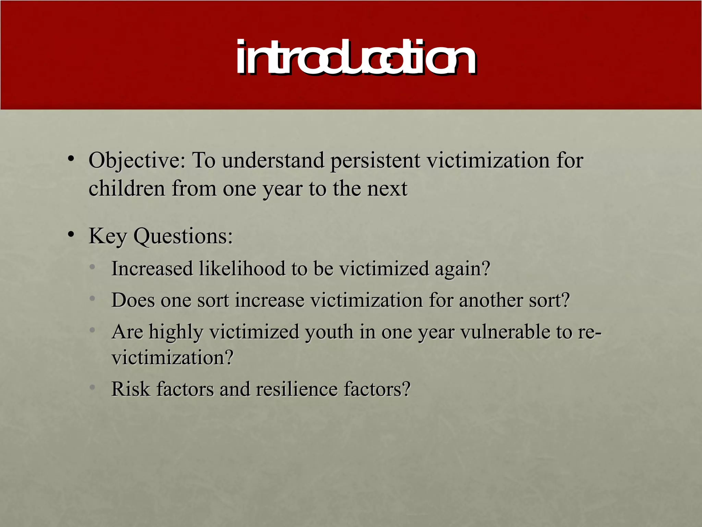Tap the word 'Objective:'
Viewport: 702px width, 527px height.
tap(137, 161)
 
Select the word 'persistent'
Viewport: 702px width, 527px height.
tap(375, 161)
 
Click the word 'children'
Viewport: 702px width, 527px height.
tap(127, 189)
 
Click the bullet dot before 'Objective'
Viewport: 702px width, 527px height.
tap(71, 159)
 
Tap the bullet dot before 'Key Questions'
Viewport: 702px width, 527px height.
tap(71, 235)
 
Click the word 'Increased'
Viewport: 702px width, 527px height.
tap(152, 269)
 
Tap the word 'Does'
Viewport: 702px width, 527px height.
tap(133, 301)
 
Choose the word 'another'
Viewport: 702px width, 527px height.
tap(490, 301)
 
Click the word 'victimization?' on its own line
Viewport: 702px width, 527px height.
tap(172, 358)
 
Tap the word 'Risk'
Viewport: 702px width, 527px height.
tap(131, 389)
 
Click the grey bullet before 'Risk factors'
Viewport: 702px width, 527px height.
tap(92, 388)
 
